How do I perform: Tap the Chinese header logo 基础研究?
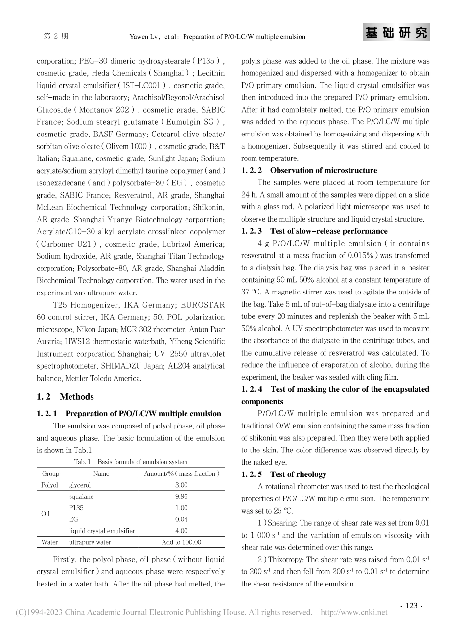click(x=397, y=33)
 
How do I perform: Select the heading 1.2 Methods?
click(x=65, y=396)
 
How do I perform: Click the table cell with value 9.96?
click(x=181, y=496)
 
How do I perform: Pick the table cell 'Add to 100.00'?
click(x=181, y=542)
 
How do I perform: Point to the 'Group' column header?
click(x=50, y=473)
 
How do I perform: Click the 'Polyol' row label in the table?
click(x=50, y=485)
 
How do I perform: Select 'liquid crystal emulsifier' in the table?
click(x=102, y=531)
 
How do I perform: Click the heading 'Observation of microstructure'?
click(x=323, y=170)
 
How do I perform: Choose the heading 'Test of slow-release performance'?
click(x=328, y=231)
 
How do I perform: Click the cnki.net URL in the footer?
click(x=353, y=612)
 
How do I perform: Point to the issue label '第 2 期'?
click(x=56, y=36)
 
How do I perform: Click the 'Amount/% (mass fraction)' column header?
click(x=182, y=473)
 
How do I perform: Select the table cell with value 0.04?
click(x=181, y=519)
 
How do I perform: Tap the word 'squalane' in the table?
click(x=81, y=496)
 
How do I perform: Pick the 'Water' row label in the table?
click(x=50, y=542)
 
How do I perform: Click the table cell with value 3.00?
click(x=181, y=485)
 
